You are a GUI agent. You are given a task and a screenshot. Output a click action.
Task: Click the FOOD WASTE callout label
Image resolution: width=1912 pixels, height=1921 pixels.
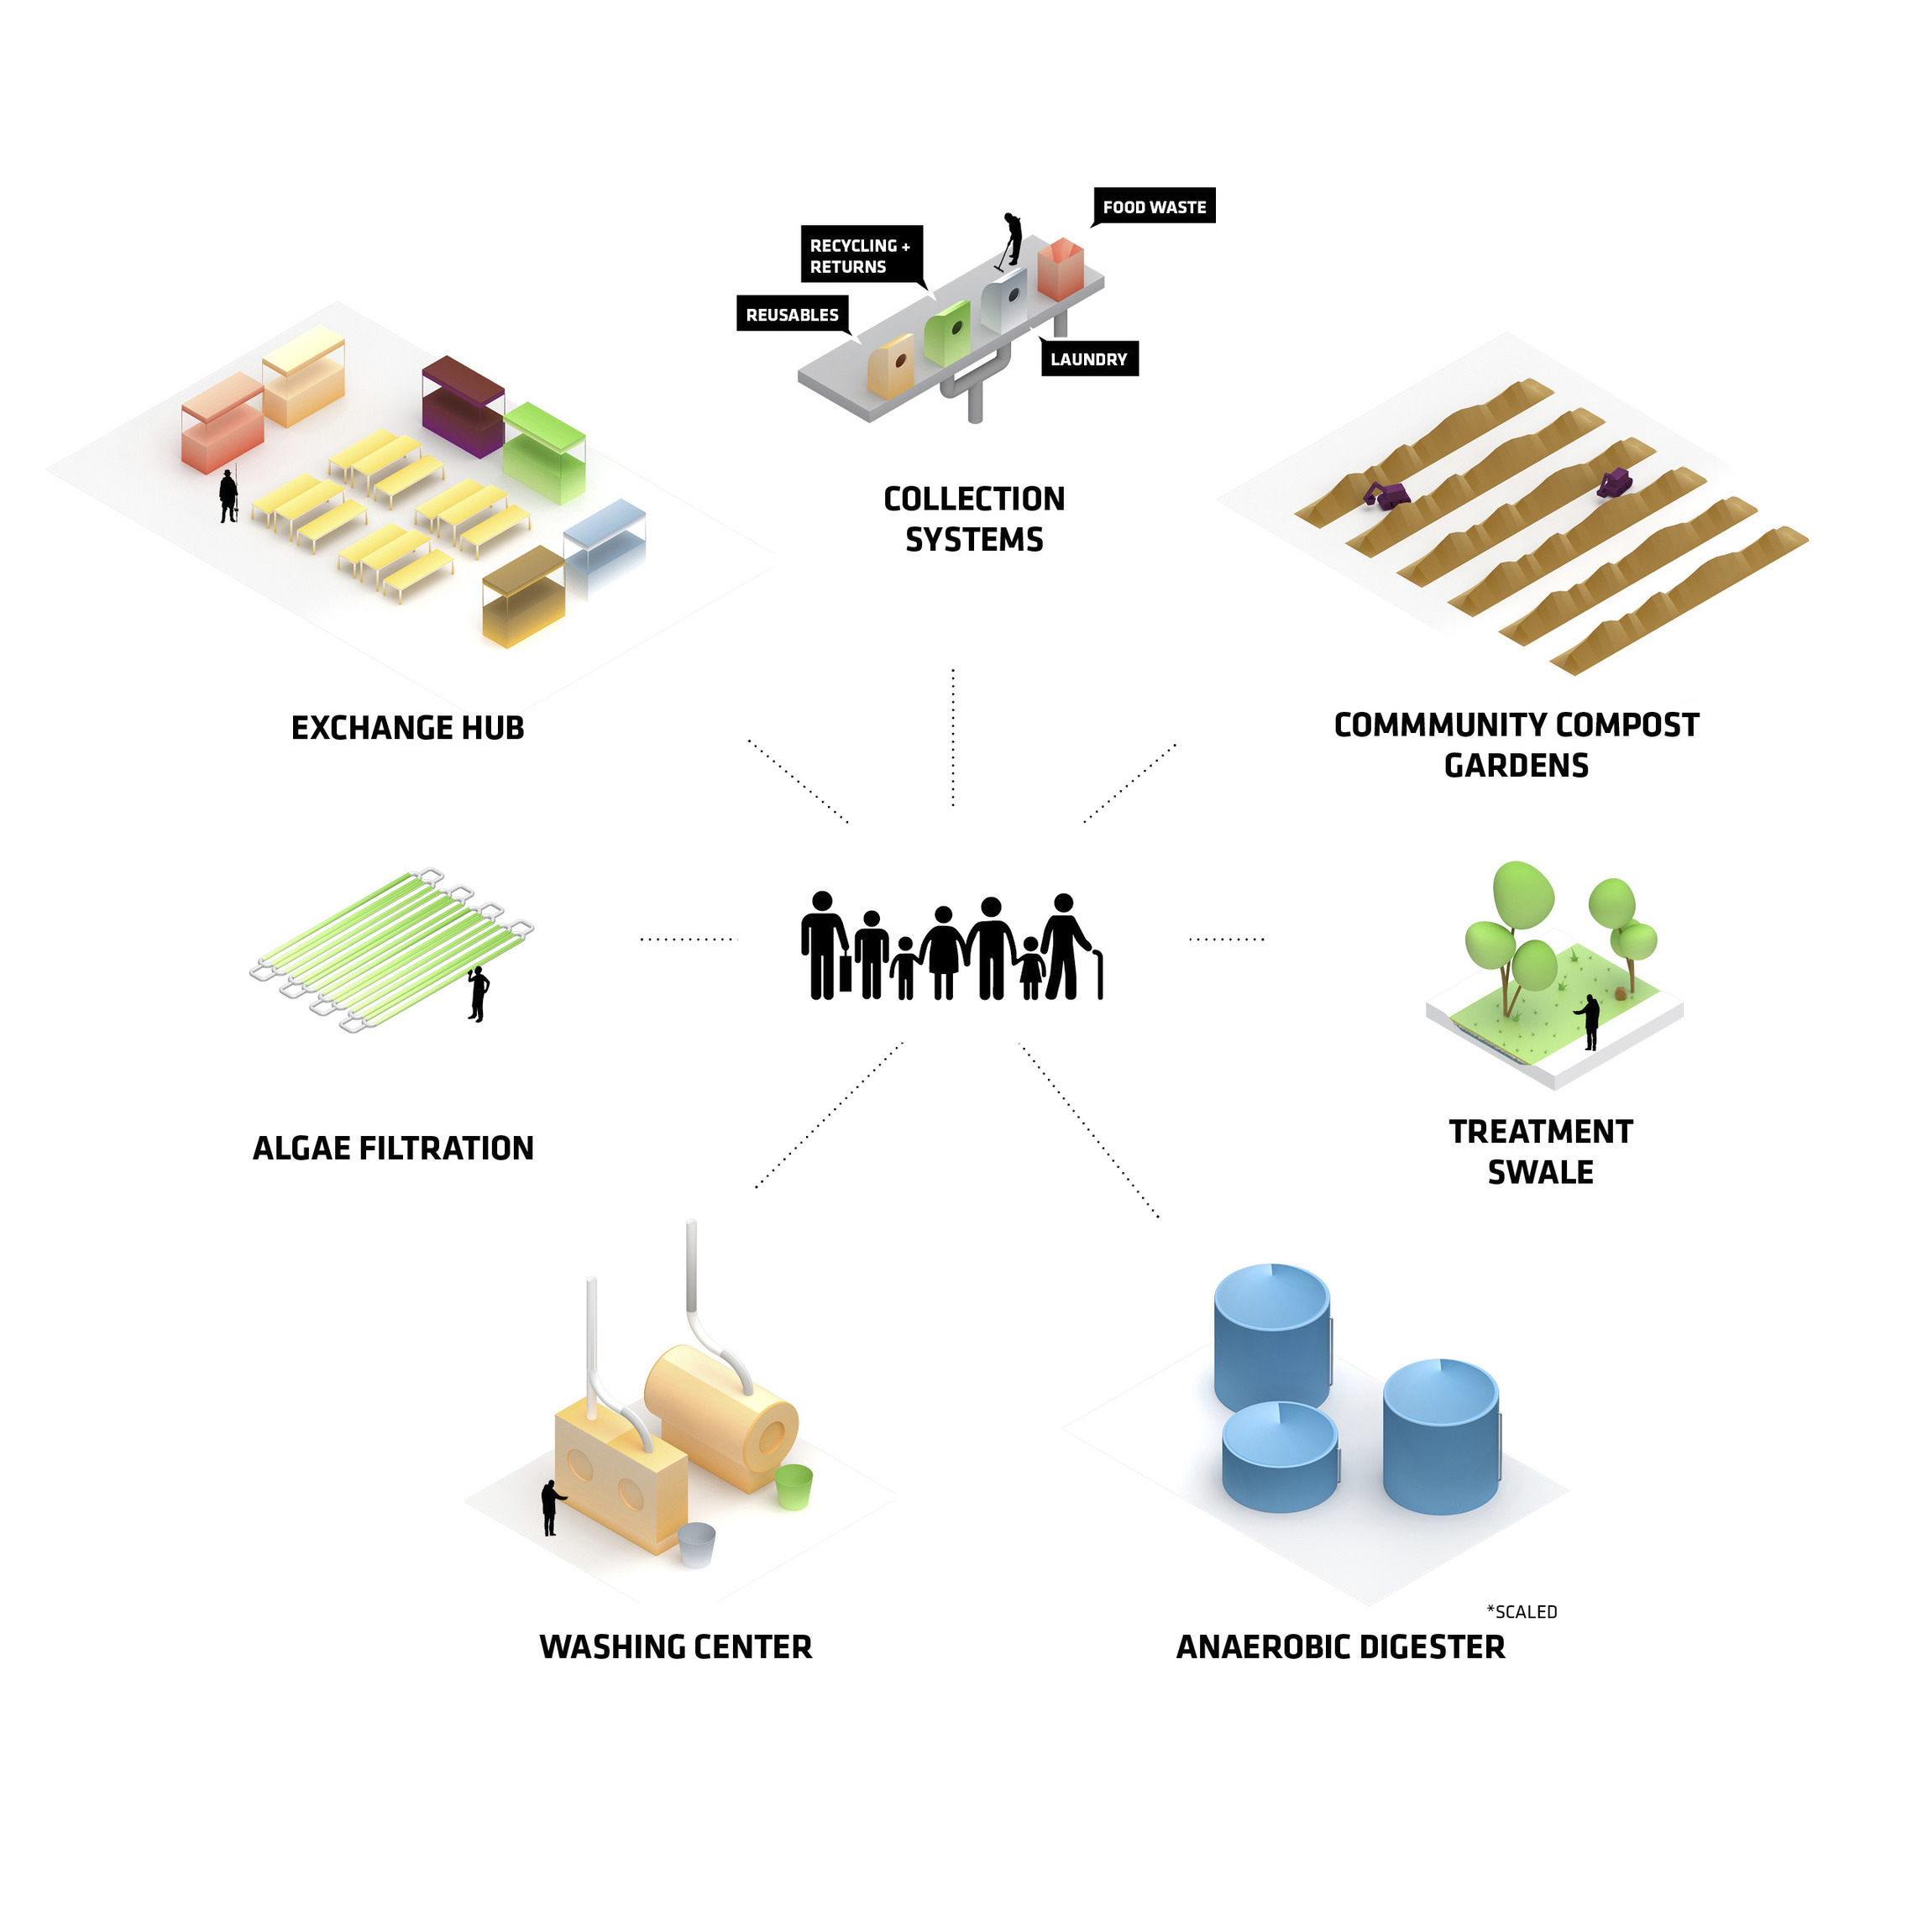tap(1154, 207)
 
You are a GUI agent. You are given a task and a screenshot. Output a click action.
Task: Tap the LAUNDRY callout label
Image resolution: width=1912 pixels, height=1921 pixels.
tap(1089, 359)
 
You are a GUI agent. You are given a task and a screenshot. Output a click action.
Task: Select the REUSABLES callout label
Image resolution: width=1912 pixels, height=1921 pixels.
tap(793, 314)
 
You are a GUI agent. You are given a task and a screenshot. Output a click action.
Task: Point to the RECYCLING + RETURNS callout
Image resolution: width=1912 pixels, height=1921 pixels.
tap(860, 255)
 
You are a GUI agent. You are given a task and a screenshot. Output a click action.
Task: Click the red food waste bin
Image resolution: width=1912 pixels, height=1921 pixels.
tap(1060, 269)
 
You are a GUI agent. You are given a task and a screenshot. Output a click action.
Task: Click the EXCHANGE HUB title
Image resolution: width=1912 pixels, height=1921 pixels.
tap(407, 728)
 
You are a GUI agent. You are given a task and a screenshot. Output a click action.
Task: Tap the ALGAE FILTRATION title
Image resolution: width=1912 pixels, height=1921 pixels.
tap(393, 1149)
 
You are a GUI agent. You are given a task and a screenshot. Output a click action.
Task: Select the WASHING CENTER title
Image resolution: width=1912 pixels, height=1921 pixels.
tap(676, 1647)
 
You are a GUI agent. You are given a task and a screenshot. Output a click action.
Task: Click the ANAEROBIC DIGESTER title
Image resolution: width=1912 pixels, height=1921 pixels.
tap(1340, 1647)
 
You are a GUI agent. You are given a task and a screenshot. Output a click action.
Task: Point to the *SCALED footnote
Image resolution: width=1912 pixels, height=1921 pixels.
tap(1522, 1612)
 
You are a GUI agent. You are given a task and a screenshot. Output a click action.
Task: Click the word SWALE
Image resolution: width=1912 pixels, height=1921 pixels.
tap(1540, 1172)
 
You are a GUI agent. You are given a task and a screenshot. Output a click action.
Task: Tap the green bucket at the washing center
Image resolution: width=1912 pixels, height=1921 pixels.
tap(794, 1486)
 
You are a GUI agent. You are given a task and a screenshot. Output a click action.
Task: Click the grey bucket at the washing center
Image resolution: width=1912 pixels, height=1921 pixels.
tap(696, 1544)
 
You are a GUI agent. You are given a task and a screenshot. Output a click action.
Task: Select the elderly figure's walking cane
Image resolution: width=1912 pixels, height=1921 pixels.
tap(1100, 975)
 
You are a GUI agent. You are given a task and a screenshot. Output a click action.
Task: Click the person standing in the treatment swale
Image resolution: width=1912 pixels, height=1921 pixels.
tap(1590, 1021)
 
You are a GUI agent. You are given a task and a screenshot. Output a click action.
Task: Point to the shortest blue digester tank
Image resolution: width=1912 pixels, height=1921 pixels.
tap(1280, 1457)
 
